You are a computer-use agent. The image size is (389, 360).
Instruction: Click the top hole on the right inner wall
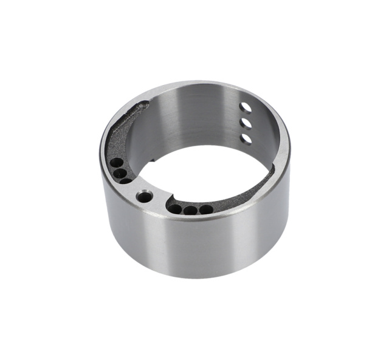[246, 107]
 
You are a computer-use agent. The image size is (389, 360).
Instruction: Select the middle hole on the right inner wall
[246, 123]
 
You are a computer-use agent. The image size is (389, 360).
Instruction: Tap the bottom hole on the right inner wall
[246, 138]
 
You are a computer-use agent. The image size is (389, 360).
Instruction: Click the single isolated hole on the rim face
[144, 197]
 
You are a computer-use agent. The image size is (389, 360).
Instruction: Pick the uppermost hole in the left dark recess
[115, 163]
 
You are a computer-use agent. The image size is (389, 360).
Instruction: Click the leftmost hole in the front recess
[175, 209]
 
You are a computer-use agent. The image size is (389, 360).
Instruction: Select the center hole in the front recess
[191, 211]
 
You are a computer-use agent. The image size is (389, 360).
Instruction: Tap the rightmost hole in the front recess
[206, 209]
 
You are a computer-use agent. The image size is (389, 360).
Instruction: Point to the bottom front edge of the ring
[194, 276]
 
